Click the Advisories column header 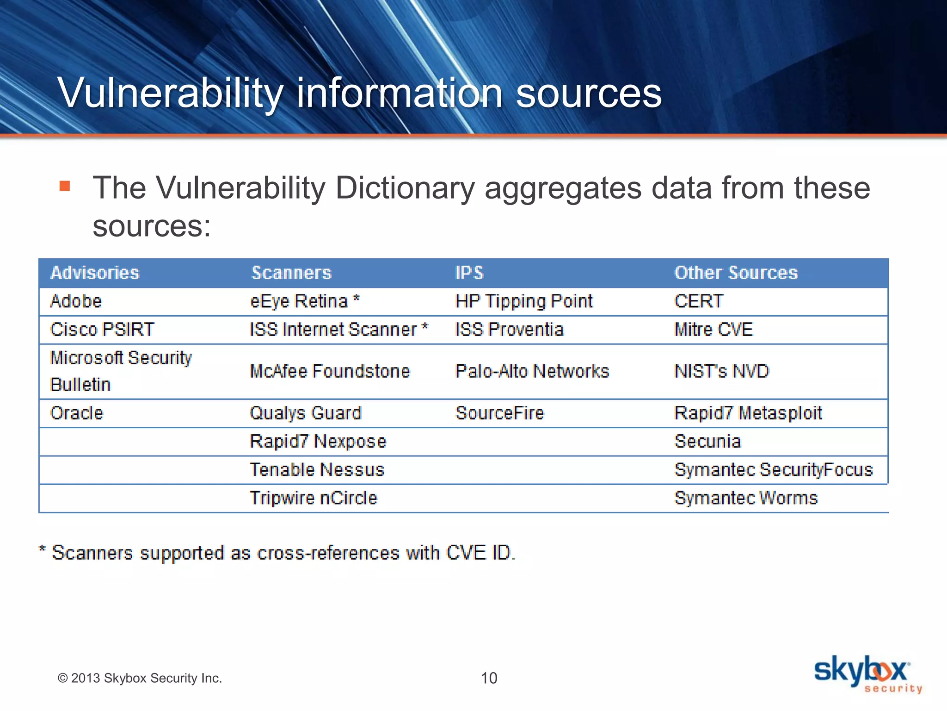tap(95, 273)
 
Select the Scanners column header tap(291, 273)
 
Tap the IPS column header tap(469, 273)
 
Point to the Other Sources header tap(736, 273)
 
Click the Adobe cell tap(76, 301)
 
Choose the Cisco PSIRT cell tap(102, 330)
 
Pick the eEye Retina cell tap(304, 301)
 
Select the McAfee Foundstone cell tap(330, 371)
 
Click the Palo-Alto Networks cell tap(532, 371)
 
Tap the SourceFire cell tap(499, 413)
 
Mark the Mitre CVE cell tap(713, 330)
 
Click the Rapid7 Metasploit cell tap(748, 413)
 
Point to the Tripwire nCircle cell tap(313, 498)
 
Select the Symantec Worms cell tap(746, 498)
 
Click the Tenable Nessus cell tap(317, 470)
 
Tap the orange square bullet tap(65, 186)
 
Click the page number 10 tap(489, 678)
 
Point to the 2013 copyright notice tap(140, 678)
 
